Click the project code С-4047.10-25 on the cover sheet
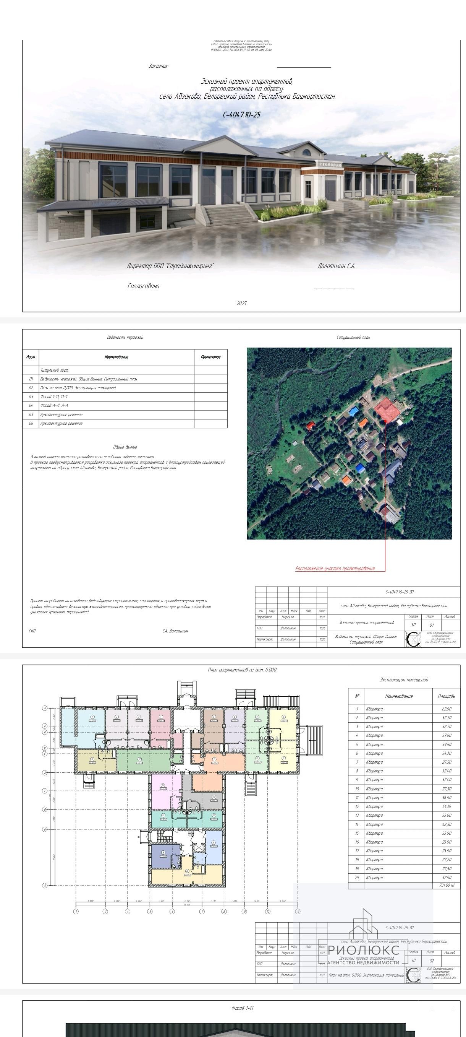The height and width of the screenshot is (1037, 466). (242, 115)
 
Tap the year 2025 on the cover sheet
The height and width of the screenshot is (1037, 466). (242, 303)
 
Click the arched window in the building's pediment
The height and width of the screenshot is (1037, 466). (306, 153)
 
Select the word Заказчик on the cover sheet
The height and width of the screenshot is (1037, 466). (159, 66)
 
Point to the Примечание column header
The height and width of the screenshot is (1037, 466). (211, 357)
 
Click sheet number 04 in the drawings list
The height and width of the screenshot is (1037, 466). (31, 405)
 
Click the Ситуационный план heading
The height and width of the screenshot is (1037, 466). (353, 337)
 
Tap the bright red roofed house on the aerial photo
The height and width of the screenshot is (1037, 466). (311, 425)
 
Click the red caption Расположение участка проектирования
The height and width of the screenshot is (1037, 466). (335, 569)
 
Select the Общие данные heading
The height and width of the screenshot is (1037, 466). (125, 447)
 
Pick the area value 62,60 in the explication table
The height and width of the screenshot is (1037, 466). (446, 709)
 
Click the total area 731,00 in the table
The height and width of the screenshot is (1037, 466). (446, 885)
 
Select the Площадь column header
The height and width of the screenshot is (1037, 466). (446, 696)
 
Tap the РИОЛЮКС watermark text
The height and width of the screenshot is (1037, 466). (364, 951)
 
